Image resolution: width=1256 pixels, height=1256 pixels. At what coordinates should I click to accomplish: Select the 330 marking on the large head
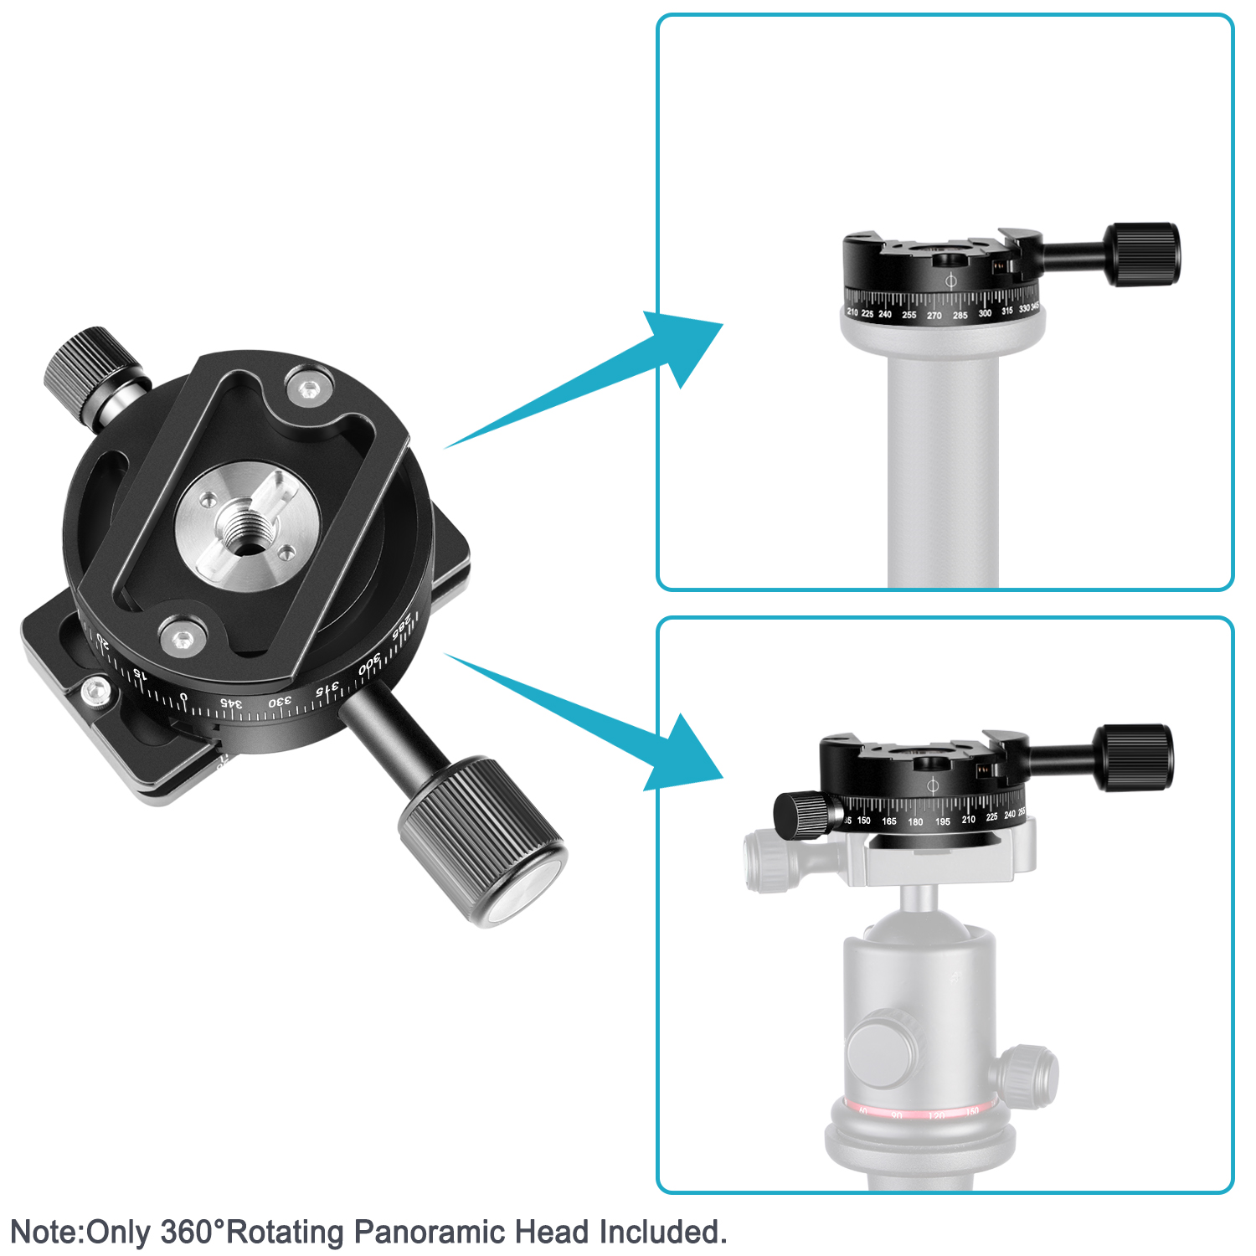click(281, 700)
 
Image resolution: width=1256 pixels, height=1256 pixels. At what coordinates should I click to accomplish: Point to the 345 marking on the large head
click(232, 703)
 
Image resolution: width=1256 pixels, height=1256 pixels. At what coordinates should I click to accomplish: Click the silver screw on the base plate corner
click(96, 692)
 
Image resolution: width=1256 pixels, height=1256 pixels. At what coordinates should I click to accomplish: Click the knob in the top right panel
click(1144, 254)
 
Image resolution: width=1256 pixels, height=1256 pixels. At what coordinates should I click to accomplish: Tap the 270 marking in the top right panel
click(934, 316)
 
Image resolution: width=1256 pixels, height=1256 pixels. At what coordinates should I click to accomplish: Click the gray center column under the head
click(943, 469)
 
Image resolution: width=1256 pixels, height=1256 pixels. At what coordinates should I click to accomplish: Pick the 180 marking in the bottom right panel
click(915, 822)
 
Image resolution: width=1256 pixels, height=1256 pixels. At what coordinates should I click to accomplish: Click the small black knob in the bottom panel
click(800, 815)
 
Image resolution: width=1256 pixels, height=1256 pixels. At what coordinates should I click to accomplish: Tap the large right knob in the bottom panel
click(1135, 758)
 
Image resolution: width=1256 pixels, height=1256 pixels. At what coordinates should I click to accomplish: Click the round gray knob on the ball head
click(881, 1049)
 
